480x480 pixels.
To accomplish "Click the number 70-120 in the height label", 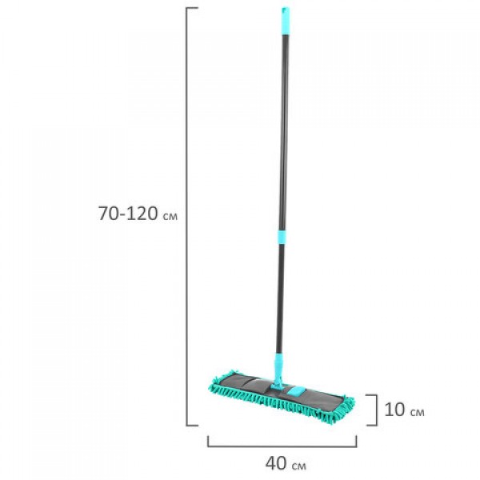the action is tap(128, 214).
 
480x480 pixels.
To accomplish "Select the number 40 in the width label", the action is tap(276, 463).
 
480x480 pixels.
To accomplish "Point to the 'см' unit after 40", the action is tap(298, 466).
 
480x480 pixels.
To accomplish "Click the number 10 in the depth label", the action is tap(395, 410).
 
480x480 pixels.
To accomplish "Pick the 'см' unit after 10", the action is tap(418, 412).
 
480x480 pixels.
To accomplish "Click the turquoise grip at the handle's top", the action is tap(286, 21).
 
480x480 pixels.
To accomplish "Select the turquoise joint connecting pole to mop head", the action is tap(278, 371).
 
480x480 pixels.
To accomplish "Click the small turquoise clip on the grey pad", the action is tap(295, 390).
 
